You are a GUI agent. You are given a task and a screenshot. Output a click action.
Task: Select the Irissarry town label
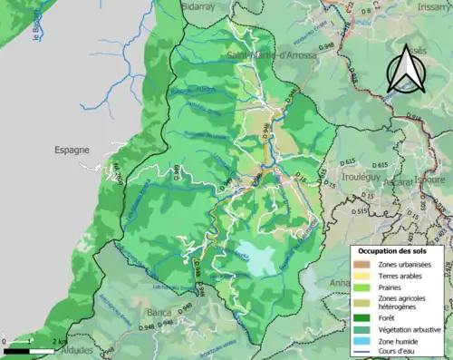(429, 5)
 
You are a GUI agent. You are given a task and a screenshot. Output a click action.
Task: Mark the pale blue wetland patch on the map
(255, 259)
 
